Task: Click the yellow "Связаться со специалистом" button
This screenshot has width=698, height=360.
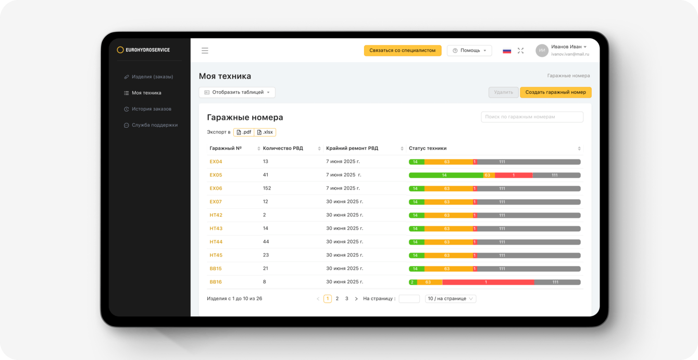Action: pyautogui.click(x=402, y=51)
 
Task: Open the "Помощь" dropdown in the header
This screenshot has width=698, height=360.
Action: pyautogui.click(x=469, y=51)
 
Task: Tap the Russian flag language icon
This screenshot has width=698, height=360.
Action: pyautogui.click(x=506, y=51)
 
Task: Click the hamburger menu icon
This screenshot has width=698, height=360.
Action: pyautogui.click(x=205, y=51)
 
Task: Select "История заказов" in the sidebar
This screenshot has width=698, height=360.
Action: pyautogui.click(x=151, y=109)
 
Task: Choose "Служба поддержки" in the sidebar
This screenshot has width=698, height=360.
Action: pyautogui.click(x=154, y=125)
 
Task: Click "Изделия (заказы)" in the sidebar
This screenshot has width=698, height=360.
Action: pyautogui.click(x=152, y=77)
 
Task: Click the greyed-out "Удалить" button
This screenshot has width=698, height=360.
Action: pyautogui.click(x=503, y=92)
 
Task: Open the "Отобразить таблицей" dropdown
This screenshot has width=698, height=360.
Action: pyautogui.click(x=237, y=92)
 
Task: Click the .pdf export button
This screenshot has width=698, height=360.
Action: pyautogui.click(x=244, y=132)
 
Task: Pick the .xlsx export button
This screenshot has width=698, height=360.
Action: pyautogui.click(x=265, y=132)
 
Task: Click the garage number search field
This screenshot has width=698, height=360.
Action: pyautogui.click(x=532, y=117)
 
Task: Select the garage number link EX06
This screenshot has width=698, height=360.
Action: pyautogui.click(x=216, y=188)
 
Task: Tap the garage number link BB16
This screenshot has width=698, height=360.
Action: pyautogui.click(x=216, y=282)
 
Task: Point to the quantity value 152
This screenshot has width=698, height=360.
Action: pyautogui.click(x=267, y=188)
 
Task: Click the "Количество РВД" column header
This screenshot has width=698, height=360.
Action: pyautogui.click(x=283, y=148)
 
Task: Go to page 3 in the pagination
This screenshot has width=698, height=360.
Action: pyautogui.click(x=347, y=299)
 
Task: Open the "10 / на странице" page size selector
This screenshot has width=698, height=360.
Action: pyautogui.click(x=451, y=299)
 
